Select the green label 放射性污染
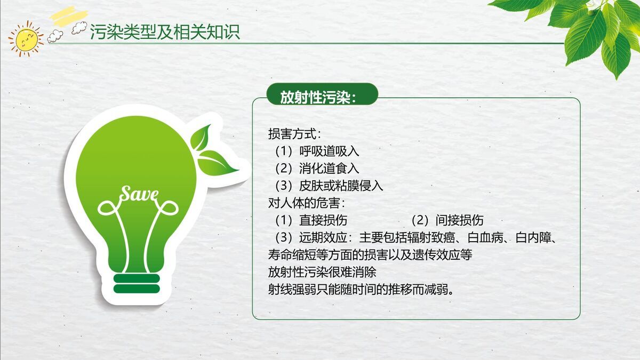(318, 97)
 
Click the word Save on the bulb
(139, 194)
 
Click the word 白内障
(534, 238)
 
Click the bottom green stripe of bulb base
(137, 289)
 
